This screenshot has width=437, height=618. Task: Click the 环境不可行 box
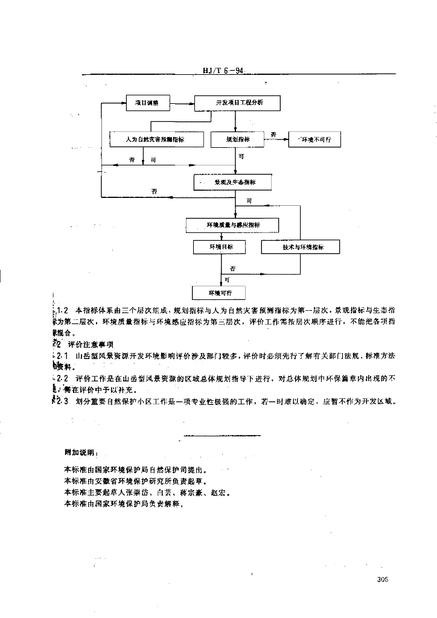314,139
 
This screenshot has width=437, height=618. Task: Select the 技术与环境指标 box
300,247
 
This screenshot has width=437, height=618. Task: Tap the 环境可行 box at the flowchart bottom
220,293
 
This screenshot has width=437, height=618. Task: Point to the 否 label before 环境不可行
273,134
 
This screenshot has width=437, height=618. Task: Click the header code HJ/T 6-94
223,71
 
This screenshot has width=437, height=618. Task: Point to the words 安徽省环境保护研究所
134,481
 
